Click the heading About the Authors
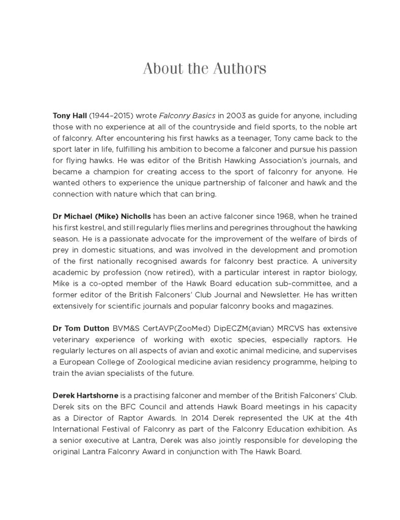click(204, 69)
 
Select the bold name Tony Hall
click(69, 116)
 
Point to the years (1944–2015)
click(108, 116)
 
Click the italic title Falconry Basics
click(182, 116)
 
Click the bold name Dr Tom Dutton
click(76, 328)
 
